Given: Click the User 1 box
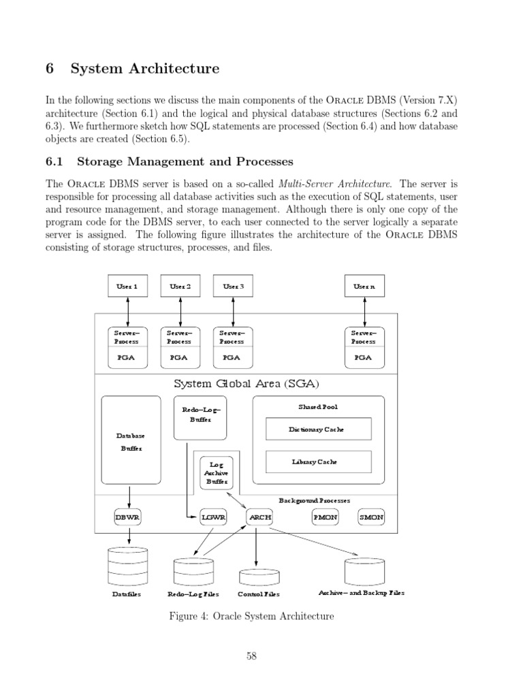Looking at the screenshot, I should tap(128, 287).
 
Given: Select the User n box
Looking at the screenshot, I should tap(364, 287).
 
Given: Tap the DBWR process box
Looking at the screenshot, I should tap(127, 517).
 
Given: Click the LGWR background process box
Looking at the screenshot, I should tap(213, 517).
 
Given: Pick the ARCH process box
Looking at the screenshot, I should tap(259, 517).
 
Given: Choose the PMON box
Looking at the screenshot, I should tap(325, 517).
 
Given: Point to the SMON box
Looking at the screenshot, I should tap(371, 517).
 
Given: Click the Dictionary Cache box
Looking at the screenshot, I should tap(318, 429).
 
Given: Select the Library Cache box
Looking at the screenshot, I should tap(318, 461).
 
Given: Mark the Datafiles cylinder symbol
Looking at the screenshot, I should tap(128, 566).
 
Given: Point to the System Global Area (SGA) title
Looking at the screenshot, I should tap(246, 383).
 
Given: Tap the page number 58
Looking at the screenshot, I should tap(251, 656).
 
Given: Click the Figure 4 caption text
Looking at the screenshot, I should tap(251, 617).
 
